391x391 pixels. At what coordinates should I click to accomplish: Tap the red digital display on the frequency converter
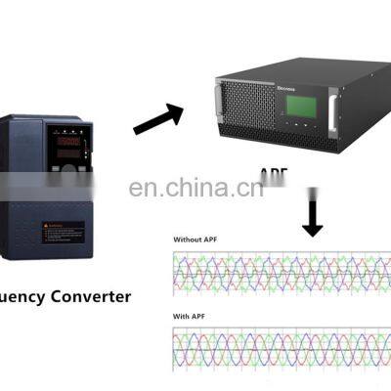(x=69, y=143)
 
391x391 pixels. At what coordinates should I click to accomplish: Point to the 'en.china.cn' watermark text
(x=195, y=188)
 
